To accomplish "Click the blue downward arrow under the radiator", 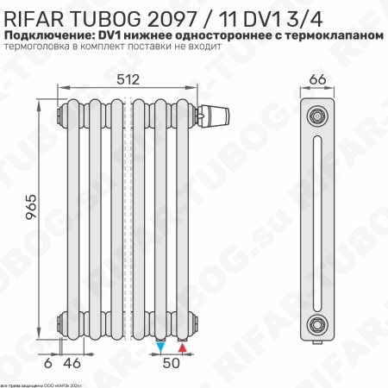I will pyautogui.click(x=161, y=347).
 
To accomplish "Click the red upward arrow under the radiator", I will pyautogui.click(x=182, y=347).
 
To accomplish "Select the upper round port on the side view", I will pyautogui.click(x=318, y=114).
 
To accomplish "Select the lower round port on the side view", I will pyautogui.click(x=318, y=324).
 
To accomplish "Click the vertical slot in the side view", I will pyautogui.click(x=318, y=219).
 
